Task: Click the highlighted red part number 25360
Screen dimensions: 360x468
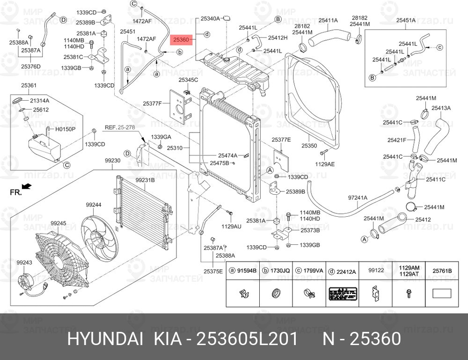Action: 180,40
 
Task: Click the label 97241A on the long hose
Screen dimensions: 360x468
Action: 358,198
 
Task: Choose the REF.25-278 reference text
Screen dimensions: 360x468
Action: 119,127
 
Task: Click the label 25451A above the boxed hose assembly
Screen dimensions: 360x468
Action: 406,20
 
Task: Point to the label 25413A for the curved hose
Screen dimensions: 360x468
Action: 441,108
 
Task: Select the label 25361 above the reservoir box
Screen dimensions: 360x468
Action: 29,86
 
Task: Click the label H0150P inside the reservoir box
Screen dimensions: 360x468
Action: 66,128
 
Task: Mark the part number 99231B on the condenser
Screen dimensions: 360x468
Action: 145,180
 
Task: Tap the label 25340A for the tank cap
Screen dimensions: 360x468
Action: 210,19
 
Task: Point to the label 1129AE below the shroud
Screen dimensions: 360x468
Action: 324,164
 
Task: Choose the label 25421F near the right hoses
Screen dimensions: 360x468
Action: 396,140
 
